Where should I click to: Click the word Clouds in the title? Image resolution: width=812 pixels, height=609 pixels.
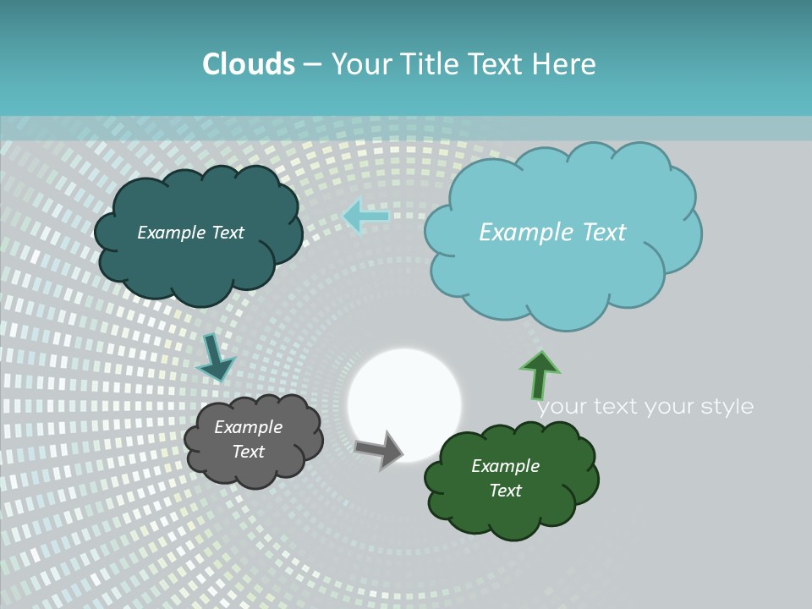click(x=249, y=64)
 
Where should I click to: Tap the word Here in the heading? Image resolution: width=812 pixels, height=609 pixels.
click(x=566, y=64)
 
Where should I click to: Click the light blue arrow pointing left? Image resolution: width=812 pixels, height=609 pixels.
click(x=365, y=217)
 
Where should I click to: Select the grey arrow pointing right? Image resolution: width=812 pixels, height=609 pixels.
click(x=379, y=449)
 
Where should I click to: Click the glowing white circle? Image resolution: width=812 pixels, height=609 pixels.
click(x=404, y=405)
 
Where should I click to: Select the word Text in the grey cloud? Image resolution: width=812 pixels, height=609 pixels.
click(x=249, y=452)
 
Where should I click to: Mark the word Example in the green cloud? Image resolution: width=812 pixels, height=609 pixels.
click(x=505, y=466)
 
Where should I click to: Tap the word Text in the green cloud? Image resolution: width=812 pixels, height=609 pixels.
click(x=505, y=491)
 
